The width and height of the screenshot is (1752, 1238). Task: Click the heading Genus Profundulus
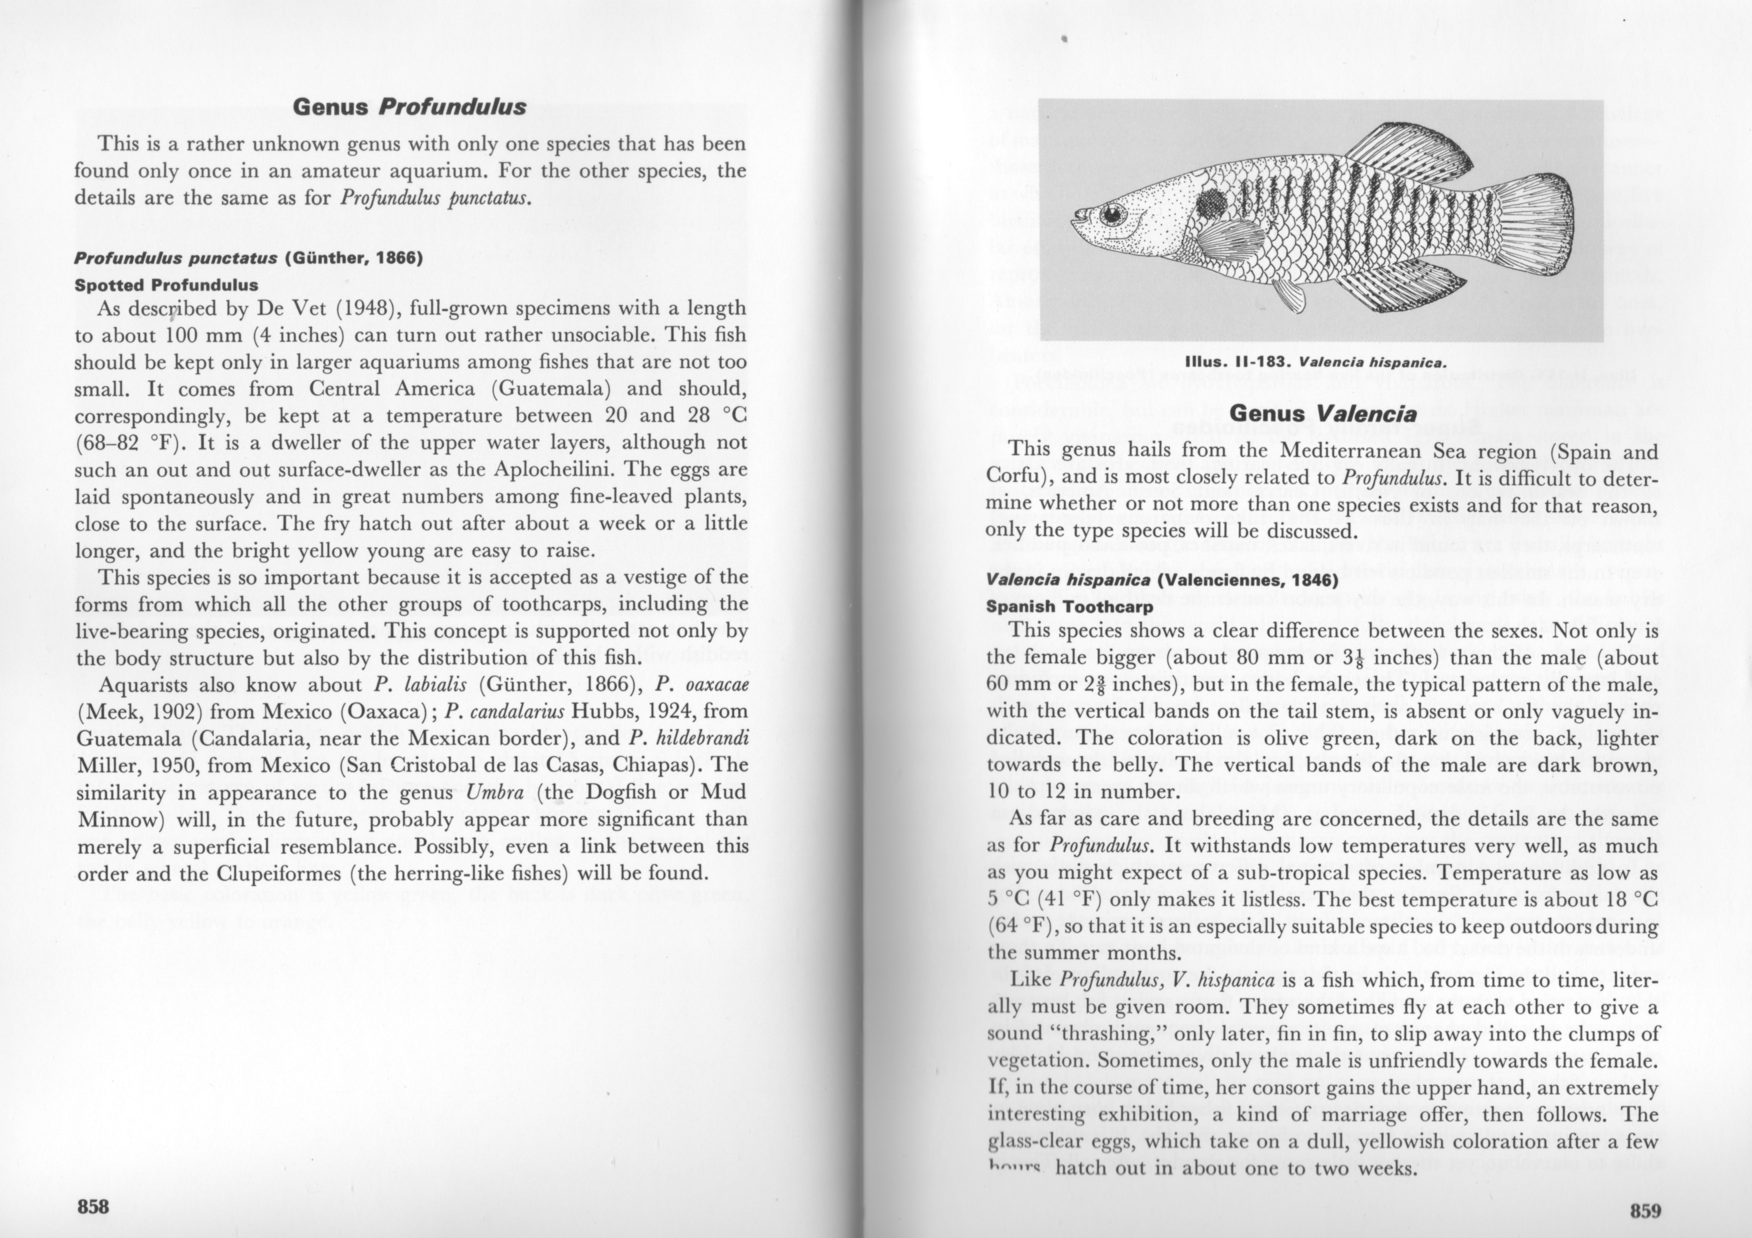click(410, 107)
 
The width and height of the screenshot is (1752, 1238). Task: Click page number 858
click(93, 1206)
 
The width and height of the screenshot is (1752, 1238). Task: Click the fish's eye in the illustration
click(1112, 215)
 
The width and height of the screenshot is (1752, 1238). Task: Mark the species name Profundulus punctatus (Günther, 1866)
click(248, 258)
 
